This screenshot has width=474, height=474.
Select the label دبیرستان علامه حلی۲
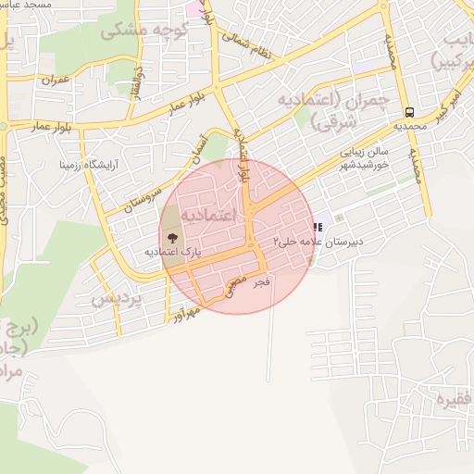(x=317, y=240)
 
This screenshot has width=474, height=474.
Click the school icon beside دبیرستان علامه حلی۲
(x=318, y=226)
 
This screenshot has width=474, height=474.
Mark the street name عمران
(x=56, y=81)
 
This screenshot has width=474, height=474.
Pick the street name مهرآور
(x=190, y=313)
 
